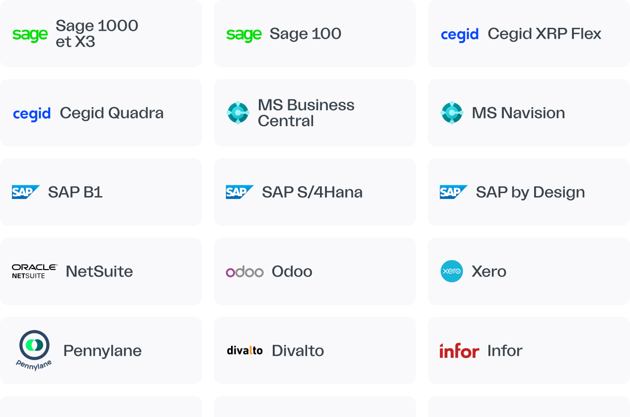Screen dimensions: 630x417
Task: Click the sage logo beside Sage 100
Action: click(244, 34)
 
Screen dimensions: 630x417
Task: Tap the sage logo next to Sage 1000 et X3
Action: click(30, 34)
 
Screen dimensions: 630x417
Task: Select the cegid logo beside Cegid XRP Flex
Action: click(460, 34)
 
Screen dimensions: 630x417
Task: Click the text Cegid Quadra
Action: click(111, 113)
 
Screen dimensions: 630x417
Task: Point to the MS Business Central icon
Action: click(238, 113)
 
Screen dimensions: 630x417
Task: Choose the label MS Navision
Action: click(518, 113)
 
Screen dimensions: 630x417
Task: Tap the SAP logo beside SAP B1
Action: click(26, 192)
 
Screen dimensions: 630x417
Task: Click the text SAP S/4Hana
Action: click(312, 192)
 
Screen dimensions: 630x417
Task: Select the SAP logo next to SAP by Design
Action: click(454, 192)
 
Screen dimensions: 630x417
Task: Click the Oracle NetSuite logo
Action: click(35, 271)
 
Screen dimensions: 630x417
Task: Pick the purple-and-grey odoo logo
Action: click(244, 272)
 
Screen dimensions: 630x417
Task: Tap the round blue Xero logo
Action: click(452, 271)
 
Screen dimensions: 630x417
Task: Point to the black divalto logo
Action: click(244, 350)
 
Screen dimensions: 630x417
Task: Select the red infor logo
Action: click(459, 351)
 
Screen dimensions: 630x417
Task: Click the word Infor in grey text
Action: click(505, 350)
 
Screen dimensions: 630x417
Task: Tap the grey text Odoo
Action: click(292, 272)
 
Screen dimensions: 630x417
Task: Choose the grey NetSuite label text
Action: click(99, 272)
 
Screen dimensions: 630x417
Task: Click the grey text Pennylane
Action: click(102, 351)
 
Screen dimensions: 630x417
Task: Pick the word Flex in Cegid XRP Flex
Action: click(585, 34)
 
